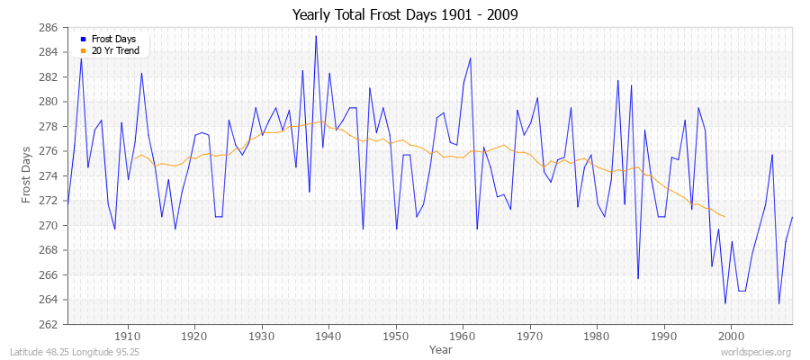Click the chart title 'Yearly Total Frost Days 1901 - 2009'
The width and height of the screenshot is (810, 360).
[x=405, y=15]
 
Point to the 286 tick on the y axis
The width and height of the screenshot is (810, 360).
[x=49, y=28]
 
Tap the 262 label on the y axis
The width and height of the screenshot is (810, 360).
[x=49, y=324]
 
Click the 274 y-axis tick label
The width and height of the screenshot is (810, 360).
[x=49, y=176]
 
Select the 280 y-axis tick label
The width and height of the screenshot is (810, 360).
[x=49, y=102]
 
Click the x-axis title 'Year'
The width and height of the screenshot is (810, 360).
[x=441, y=348]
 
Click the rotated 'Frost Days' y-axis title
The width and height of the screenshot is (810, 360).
[x=26, y=176]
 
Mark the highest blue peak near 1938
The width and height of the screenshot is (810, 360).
[x=316, y=36]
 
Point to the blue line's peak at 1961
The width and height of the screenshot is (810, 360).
[x=470, y=58]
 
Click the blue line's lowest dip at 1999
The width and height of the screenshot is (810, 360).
[x=724, y=303]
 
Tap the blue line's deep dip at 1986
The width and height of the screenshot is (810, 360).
[x=637, y=278]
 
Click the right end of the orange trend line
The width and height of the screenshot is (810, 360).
[x=724, y=216]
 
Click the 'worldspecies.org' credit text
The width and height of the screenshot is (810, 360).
[x=757, y=353]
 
